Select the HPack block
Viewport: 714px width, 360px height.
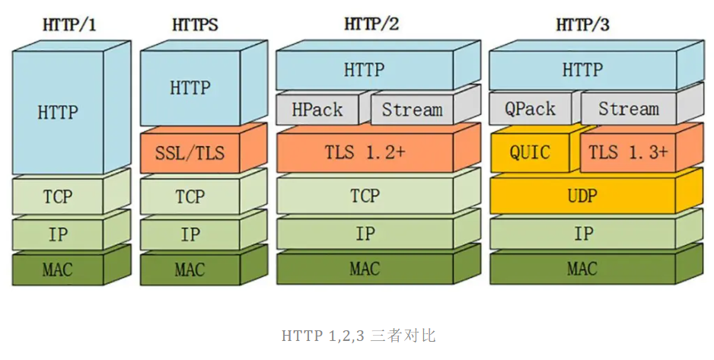click(317, 110)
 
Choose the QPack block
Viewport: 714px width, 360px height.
click(530, 110)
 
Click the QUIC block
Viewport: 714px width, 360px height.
click(530, 152)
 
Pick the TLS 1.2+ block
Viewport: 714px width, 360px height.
click(365, 152)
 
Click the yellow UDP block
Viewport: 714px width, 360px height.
click(583, 196)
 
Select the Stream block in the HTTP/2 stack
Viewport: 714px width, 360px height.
click(412, 110)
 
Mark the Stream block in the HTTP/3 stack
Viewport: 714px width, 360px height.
click(628, 110)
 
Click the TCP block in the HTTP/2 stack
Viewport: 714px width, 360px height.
click(365, 196)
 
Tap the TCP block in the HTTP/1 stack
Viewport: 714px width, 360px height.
click(58, 196)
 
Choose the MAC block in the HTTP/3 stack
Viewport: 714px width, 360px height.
click(583, 269)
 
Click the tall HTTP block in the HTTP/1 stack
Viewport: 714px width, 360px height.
click(58, 113)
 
